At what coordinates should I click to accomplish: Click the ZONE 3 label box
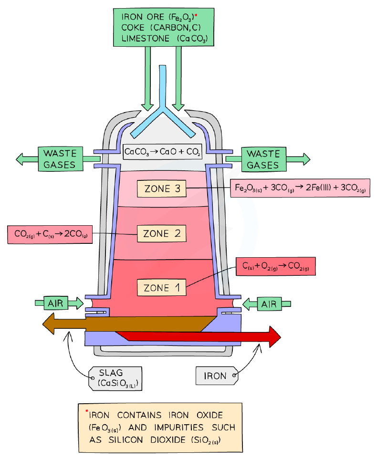coord(161,188)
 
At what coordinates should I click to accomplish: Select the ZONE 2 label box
coord(162,233)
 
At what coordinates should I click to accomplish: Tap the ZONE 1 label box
coord(161,287)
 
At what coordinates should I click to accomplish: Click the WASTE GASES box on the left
coord(61,159)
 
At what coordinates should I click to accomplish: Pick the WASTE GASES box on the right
coord(264,159)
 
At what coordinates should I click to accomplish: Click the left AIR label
coord(56,303)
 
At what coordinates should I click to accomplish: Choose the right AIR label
coord(269,304)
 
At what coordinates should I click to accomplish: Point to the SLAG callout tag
coord(115,378)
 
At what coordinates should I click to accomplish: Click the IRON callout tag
coord(217,376)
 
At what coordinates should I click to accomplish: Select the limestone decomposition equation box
coord(163,152)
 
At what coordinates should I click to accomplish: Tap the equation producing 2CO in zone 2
coord(50,234)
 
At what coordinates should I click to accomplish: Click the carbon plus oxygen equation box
coord(276,266)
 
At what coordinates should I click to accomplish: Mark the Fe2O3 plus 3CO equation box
coord(300,188)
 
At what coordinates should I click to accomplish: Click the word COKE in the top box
coord(133,28)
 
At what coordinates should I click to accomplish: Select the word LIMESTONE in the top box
coord(146,39)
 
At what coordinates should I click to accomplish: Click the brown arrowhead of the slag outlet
coord(49,324)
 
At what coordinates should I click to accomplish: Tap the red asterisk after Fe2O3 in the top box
coord(196,14)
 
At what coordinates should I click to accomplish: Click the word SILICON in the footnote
coord(126,440)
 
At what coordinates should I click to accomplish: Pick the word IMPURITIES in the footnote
coord(179,428)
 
